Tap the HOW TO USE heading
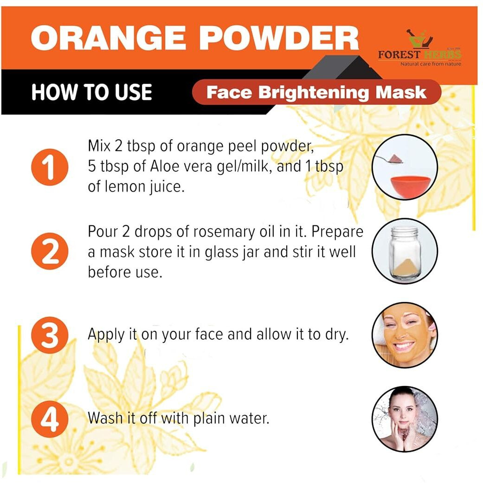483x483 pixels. (91, 92)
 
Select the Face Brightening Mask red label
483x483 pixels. (316, 92)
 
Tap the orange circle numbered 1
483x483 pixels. (49, 167)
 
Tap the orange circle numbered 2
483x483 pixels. (49, 251)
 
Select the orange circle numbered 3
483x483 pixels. (49, 335)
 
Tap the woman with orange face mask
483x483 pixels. (404, 334)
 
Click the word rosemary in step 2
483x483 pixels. (238, 232)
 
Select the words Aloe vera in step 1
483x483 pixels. (172, 167)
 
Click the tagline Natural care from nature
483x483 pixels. (431, 64)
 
